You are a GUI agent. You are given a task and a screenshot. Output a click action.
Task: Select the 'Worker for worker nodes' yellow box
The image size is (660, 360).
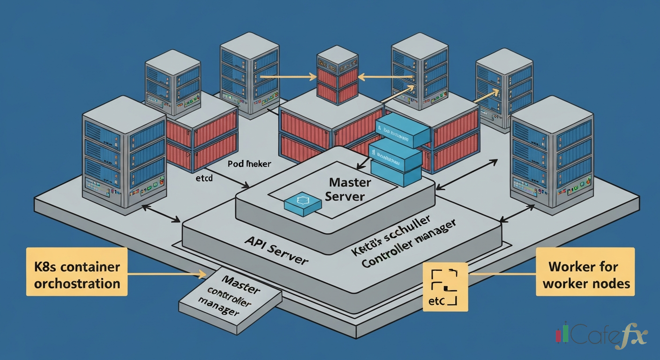pos(585,275)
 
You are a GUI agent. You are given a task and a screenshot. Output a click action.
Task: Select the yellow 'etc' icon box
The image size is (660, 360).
pos(445,287)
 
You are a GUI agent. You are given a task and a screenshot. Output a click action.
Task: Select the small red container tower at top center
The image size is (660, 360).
pos(337,75)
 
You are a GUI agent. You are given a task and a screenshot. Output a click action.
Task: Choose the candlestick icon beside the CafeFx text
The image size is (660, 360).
pos(562,334)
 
